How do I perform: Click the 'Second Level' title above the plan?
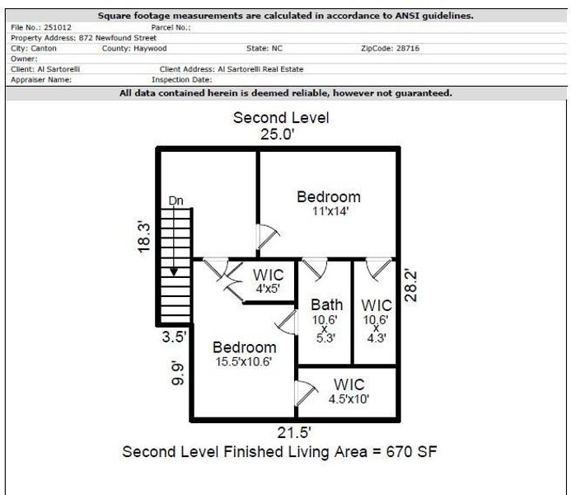point(281,117)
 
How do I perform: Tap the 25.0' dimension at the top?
point(278,134)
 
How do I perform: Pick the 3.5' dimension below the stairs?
point(174,337)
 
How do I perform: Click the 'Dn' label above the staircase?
point(176,200)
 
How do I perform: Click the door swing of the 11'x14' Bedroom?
point(266,238)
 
